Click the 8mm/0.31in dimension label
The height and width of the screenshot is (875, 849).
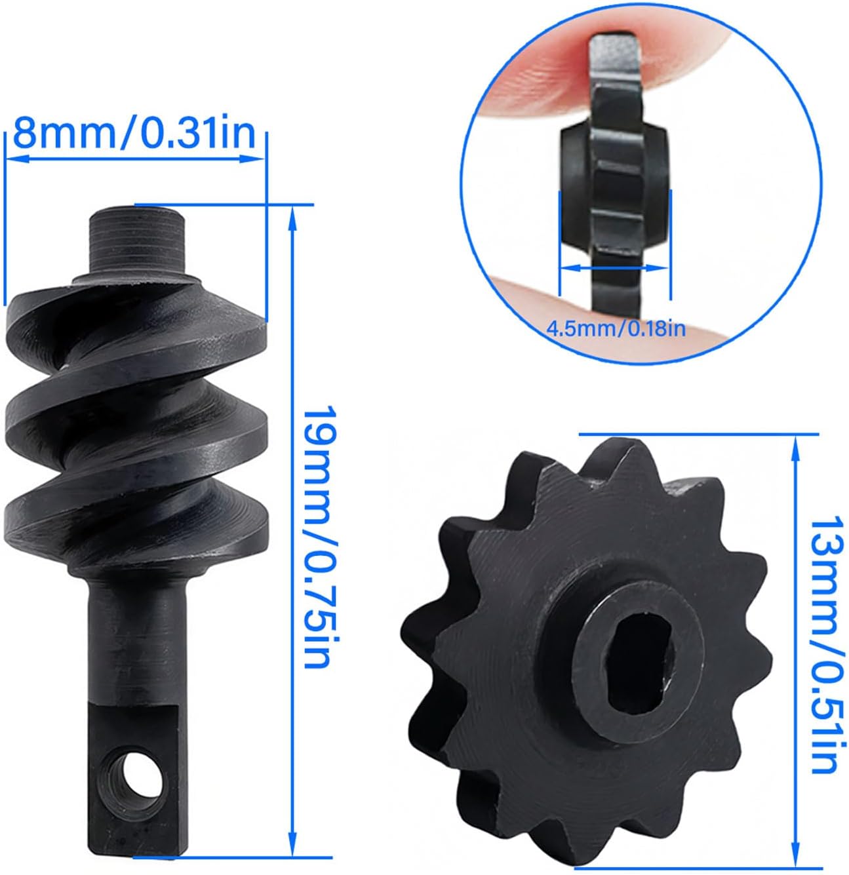click(134, 134)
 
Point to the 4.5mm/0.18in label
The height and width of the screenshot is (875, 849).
click(616, 328)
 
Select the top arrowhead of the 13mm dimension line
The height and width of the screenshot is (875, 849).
click(795, 448)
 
